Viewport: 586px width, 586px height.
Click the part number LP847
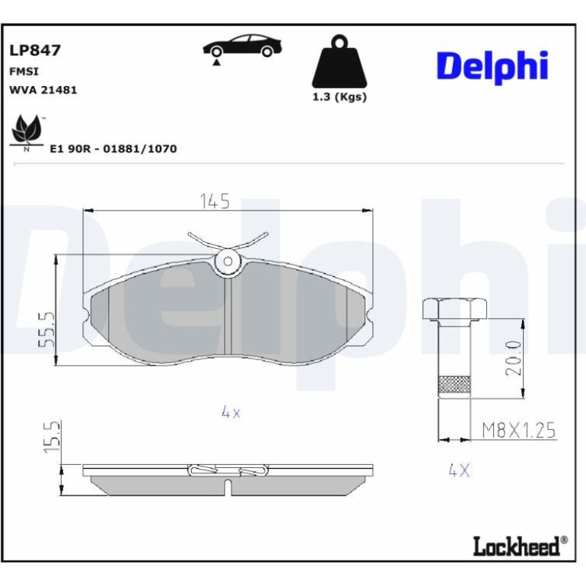pyautogui.click(x=35, y=50)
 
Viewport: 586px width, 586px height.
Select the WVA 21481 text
pyautogui.click(x=43, y=90)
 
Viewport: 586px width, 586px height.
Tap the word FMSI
pyautogui.click(x=24, y=72)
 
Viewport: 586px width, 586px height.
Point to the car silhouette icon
pyautogui.click(x=242, y=46)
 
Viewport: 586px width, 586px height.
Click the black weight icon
pyautogui.click(x=339, y=62)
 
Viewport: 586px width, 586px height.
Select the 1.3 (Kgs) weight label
pyautogui.click(x=339, y=97)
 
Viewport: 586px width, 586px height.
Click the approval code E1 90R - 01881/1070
pyautogui.click(x=113, y=148)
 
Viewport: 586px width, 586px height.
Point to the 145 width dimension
pyautogui.click(x=215, y=202)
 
